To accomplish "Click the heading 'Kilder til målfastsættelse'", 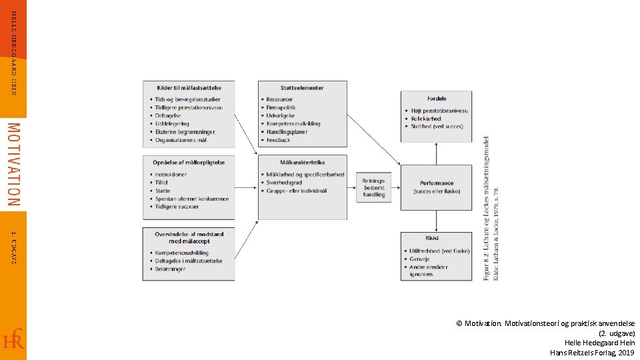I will (189, 87).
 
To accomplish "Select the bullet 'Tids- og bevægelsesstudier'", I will (189, 99).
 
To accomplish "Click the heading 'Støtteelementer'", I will (302, 87).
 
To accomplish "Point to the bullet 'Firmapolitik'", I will (281, 107).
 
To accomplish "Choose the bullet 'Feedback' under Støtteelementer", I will (278, 140).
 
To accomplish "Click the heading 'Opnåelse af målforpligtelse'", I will (189, 162).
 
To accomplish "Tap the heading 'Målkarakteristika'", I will (302, 162).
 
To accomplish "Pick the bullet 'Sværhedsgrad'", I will (284, 183).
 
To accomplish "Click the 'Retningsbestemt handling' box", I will (373, 187).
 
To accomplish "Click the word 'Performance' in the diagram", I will (437, 183).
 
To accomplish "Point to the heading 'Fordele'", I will (437, 99).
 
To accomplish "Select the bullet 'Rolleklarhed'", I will (426, 119).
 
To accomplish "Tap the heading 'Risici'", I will (432, 237).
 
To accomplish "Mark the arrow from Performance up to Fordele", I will (437, 153).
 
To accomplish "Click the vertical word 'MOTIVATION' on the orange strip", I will (13, 163).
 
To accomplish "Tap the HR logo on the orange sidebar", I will (13, 339).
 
